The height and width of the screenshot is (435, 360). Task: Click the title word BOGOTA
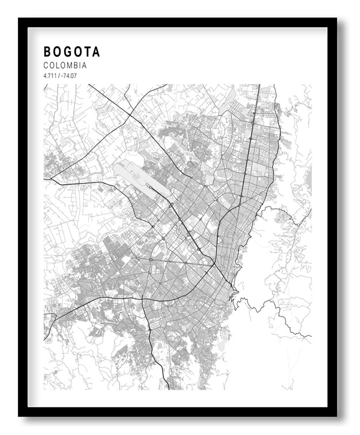click(x=71, y=52)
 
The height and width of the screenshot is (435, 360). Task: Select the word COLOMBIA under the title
click(x=65, y=66)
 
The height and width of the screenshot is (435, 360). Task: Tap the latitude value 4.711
click(x=50, y=75)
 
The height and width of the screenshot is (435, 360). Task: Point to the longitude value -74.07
click(x=67, y=75)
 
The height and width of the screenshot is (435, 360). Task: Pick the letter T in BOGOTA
click(x=86, y=52)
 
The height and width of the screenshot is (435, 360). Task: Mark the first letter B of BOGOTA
click(x=47, y=52)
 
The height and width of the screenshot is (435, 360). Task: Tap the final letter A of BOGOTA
click(x=96, y=52)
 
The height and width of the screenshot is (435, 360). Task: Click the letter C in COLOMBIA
click(x=46, y=66)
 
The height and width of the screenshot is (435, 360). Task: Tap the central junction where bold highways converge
click(x=214, y=265)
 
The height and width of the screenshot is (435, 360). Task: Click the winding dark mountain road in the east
click(x=276, y=314)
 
